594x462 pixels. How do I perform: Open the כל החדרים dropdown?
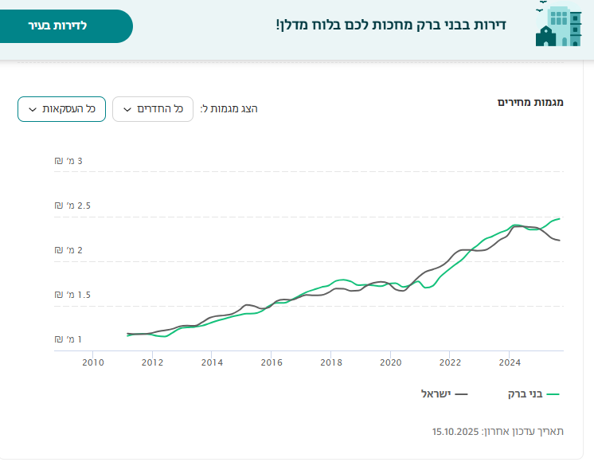[x=153, y=109]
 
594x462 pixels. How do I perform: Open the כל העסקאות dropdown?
[x=61, y=109]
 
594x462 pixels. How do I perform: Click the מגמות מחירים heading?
[x=530, y=102]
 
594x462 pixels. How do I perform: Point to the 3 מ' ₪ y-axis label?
[x=68, y=161]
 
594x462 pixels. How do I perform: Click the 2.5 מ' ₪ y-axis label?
[x=72, y=206]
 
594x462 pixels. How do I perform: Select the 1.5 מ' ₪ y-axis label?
[x=72, y=295]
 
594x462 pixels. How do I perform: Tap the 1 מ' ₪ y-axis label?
[x=68, y=339]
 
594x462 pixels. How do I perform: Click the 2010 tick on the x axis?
[x=93, y=363]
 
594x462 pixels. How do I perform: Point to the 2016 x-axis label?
[x=272, y=363]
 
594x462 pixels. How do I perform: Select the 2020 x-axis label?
[x=391, y=363]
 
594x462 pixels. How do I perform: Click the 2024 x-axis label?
[x=510, y=363]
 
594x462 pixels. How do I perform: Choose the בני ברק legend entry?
[x=534, y=393]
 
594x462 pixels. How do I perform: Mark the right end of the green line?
[x=560, y=218]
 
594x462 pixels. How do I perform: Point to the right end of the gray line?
[x=560, y=240]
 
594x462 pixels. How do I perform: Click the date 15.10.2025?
[x=455, y=431]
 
